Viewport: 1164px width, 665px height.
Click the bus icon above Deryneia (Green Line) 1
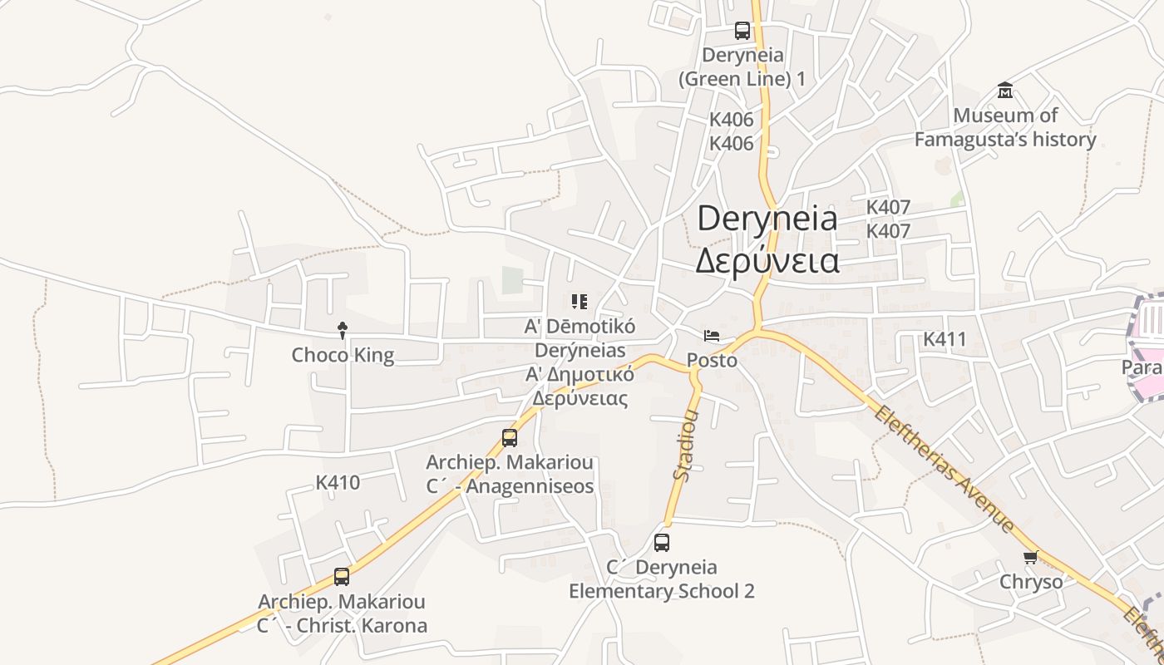(742, 31)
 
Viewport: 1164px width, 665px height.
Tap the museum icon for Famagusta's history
(1005, 90)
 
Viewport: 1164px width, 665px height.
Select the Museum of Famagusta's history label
(1005, 127)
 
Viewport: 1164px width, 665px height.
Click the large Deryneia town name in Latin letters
(767, 218)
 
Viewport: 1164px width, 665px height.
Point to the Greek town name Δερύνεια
(767, 260)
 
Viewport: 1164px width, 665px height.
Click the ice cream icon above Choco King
(342, 331)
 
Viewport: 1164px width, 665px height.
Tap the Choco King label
(343, 355)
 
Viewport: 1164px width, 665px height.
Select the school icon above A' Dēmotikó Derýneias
(579, 301)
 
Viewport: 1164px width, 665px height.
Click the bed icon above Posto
(712, 336)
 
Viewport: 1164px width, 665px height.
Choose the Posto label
(712, 360)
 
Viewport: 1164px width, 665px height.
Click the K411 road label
(945, 339)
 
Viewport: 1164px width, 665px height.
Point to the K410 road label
(338, 482)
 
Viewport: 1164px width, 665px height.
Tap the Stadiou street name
(687, 445)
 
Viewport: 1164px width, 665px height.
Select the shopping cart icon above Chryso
(1031, 557)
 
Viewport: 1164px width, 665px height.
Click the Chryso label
(1031, 581)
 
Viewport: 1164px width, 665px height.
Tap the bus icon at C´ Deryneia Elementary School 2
(662, 543)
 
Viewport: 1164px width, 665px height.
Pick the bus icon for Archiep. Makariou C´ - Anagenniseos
(510, 437)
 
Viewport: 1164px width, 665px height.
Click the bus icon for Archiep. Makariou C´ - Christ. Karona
(342, 576)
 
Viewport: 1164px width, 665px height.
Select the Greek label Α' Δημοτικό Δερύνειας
(580, 386)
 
